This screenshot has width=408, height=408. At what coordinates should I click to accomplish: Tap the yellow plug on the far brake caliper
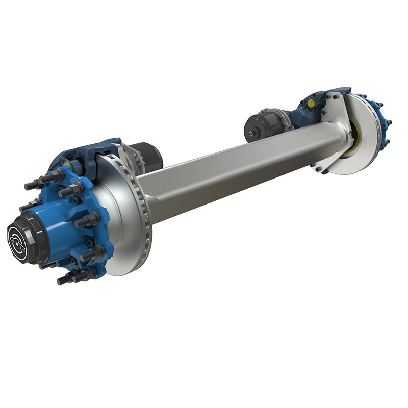(x=311, y=104)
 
